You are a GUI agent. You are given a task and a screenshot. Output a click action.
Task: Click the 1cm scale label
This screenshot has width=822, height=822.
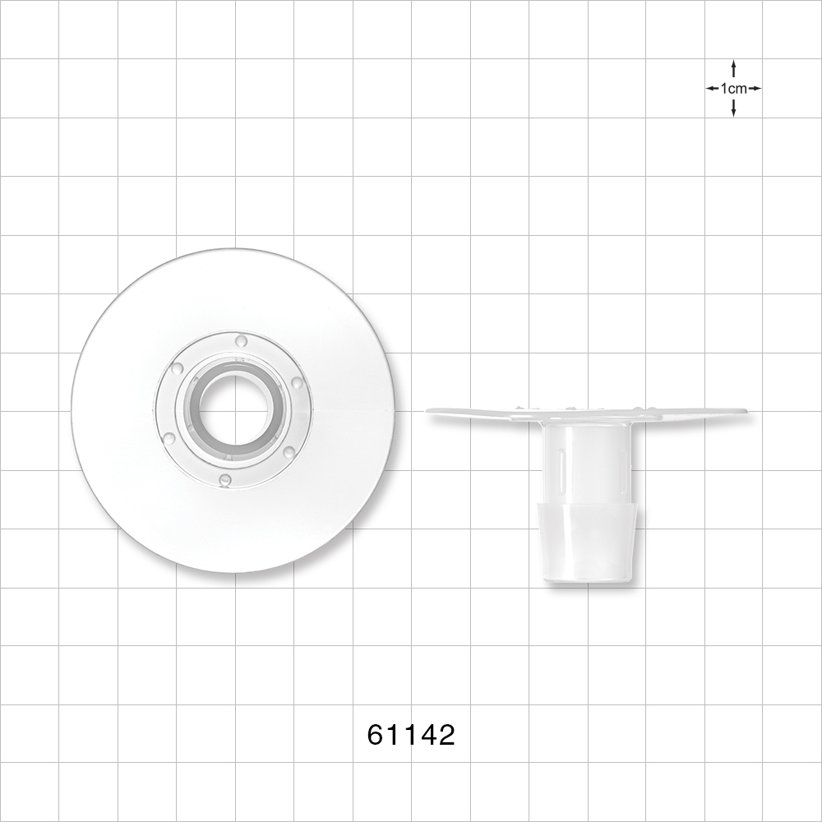(733, 88)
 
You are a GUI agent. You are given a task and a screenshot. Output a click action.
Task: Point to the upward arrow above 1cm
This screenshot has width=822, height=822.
(733, 67)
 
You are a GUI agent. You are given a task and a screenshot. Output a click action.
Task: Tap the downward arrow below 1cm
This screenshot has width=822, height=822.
(733, 109)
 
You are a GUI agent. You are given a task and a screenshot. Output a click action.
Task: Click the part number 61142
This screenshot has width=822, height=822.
(411, 734)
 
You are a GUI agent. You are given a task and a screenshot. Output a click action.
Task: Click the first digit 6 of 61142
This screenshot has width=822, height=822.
(376, 734)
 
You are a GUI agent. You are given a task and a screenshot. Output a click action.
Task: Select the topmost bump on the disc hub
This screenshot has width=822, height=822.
(241, 340)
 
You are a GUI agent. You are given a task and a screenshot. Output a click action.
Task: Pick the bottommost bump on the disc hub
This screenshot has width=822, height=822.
(225, 479)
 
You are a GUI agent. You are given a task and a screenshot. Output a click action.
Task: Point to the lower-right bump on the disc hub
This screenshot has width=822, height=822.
(289, 451)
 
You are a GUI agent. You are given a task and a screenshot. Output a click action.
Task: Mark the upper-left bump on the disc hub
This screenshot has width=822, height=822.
(177, 368)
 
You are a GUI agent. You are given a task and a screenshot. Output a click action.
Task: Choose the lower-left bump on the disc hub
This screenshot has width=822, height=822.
(169, 439)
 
